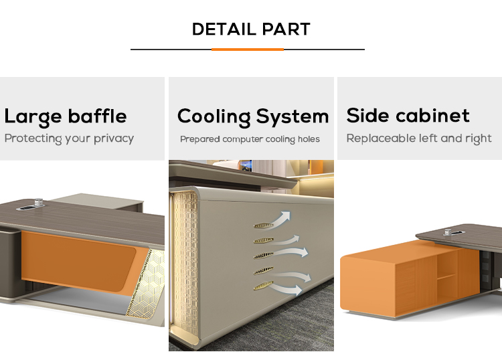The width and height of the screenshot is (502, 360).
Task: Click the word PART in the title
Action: [286, 29]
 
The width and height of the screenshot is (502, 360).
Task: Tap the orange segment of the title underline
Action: [248, 50]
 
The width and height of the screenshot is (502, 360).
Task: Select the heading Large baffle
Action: [66, 117]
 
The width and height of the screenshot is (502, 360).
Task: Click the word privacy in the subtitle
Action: [114, 139]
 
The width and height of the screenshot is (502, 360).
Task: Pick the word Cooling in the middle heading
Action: [214, 117]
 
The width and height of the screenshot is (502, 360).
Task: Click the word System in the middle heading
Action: [292, 116]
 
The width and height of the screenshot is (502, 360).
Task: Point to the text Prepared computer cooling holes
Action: [250, 140]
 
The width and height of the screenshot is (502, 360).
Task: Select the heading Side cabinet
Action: [408, 115]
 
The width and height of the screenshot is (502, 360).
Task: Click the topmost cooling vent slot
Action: [264, 226]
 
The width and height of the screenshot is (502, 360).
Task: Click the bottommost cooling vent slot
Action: [264, 286]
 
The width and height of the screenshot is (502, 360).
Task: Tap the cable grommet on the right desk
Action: [451, 232]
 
